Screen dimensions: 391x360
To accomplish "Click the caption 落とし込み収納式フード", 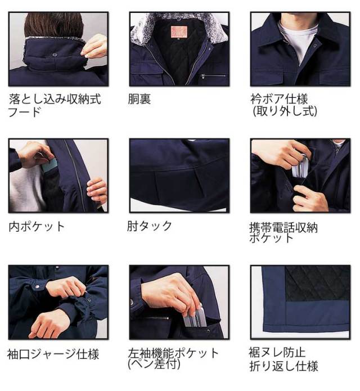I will tap(55, 105).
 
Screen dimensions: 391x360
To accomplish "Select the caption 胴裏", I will tap(140, 100).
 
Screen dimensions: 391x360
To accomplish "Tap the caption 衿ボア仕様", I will tap(279, 100).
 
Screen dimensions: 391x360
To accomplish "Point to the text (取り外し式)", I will tap(284, 111).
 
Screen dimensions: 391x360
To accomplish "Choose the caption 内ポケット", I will tap(37, 227).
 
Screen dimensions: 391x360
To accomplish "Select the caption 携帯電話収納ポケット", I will tap(283, 232).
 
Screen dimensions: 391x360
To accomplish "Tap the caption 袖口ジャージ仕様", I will tap(54, 354).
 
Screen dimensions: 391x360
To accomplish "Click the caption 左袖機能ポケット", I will tap(174, 353).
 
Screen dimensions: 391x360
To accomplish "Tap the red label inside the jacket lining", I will tap(179, 30).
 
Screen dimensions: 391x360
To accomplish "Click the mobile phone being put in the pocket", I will tap(303, 167).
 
